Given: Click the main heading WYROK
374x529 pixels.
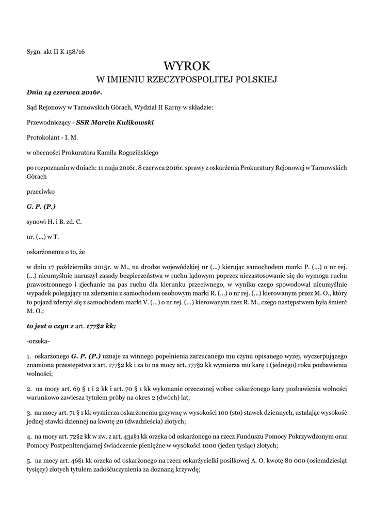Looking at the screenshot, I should [187, 66].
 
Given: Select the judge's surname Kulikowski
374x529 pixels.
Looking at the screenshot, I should [131, 122].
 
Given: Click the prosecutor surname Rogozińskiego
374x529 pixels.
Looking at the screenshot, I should [136, 152].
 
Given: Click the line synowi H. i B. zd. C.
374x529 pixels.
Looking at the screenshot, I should [54, 222].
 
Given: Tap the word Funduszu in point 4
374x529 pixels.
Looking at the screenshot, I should [245, 436].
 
